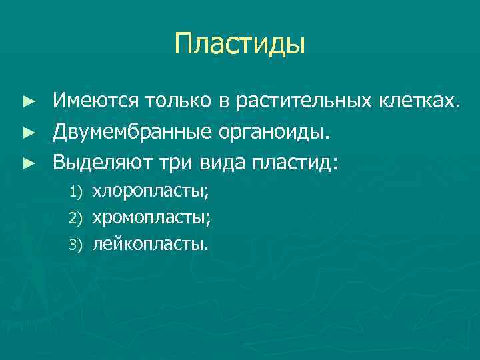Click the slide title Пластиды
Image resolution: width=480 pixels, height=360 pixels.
pos(240,45)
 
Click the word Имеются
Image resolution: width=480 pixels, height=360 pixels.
pos(93,101)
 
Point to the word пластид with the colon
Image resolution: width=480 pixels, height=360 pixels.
pos(301,161)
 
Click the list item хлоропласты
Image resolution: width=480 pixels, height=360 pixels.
pos(151,192)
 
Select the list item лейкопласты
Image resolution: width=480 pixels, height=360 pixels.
pos(151,243)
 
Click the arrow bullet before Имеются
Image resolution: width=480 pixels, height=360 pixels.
pos(27,102)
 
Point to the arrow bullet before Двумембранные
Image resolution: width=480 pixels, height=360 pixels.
pos(27,132)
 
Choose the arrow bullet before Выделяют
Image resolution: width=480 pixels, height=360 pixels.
pos(27,162)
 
